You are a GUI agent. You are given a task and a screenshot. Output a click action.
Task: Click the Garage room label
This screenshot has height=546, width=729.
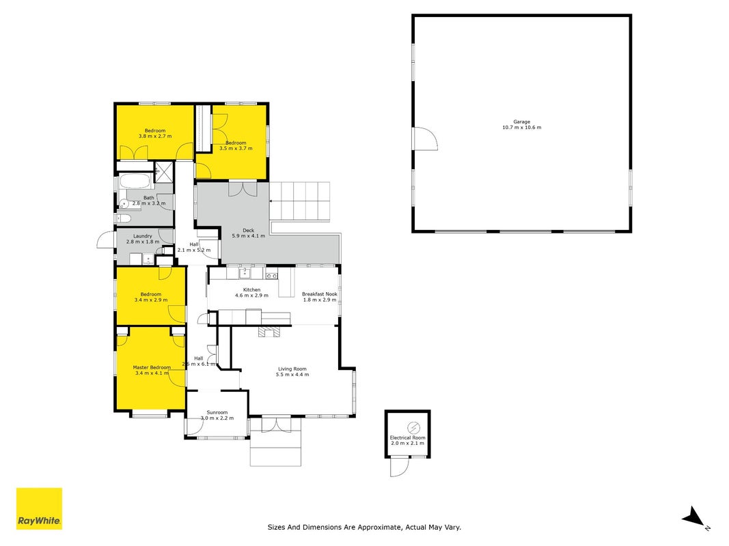click(x=522, y=121)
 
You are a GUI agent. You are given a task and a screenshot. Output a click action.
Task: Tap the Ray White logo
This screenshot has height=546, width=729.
click(x=39, y=508)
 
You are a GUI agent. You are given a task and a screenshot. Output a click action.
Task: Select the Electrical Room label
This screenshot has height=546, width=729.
click(x=407, y=437)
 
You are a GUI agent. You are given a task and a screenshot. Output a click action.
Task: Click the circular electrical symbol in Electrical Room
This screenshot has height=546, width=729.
click(x=413, y=428)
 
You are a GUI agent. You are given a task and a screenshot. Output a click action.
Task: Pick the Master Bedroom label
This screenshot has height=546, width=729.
click(x=152, y=367)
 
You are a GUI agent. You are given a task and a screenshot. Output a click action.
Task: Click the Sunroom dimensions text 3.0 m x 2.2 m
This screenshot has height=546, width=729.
click(x=217, y=418)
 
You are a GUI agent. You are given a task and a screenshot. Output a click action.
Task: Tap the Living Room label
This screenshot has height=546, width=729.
click(x=292, y=369)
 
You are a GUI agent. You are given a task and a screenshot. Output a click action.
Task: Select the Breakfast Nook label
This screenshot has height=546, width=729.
click(x=319, y=294)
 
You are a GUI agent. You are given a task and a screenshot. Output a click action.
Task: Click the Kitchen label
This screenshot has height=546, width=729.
click(x=251, y=289)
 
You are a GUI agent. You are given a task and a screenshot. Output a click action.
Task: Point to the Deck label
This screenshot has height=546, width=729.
click(x=248, y=230)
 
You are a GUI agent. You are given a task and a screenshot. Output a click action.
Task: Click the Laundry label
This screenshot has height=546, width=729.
click(x=143, y=236)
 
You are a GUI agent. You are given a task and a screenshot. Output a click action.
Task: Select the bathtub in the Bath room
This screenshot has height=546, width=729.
click(x=135, y=181)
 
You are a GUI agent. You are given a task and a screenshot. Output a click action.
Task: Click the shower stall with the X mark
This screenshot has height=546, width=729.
click(x=164, y=171)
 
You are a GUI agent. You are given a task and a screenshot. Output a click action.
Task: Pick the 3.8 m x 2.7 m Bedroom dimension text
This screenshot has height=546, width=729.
click(x=155, y=136)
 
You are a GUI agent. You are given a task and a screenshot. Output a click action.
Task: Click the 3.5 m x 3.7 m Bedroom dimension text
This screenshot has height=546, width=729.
click(x=236, y=148)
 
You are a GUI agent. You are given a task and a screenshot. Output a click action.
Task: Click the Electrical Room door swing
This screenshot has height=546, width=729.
click(x=400, y=467)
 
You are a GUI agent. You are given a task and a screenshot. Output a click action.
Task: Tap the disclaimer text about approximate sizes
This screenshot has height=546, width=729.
click(x=364, y=527)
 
